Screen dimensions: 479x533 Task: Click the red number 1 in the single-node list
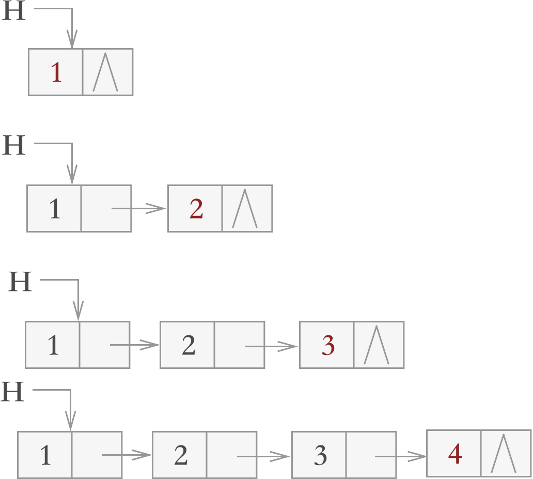point(56,72)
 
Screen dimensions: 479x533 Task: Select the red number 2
point(196,209)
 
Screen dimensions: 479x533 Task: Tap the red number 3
point(328,345)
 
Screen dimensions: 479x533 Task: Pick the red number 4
point(455,454)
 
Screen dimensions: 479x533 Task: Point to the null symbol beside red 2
point(245,209)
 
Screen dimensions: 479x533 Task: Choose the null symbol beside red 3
point(377,345)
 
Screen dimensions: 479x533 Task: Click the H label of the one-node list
point(14,11)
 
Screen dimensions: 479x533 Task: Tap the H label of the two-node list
point(14,146)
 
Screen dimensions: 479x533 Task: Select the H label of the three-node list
point(21,282)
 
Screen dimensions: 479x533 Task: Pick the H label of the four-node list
point(13,392)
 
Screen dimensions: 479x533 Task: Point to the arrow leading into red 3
point(271,346)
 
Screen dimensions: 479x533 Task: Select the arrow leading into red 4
point(400,456)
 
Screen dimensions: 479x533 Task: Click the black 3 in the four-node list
point(320,455)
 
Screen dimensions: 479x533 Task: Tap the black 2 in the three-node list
point(189,345)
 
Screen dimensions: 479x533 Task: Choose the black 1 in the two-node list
point(55,209)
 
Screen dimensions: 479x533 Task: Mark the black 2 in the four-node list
point(181,455)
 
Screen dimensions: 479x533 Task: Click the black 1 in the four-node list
point(45,455)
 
